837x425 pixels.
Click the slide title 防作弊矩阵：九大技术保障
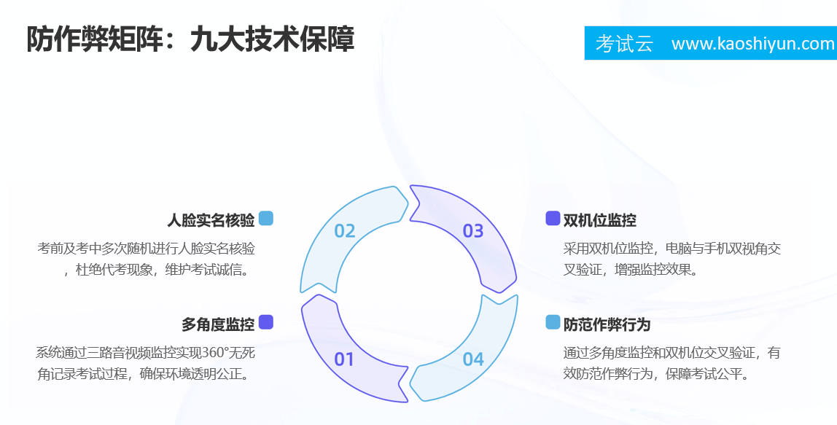tap(190, 39)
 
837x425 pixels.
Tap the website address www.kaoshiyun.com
tap(752, 43)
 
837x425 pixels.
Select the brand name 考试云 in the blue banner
tap(624, 44)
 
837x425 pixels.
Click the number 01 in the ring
tap(344, 359)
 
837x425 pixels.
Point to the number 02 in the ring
tap(344, 231)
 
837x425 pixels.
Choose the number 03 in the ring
tap(473, 231)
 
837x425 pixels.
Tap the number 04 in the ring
tap(473, 359)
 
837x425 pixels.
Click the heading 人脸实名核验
tap(211, 220)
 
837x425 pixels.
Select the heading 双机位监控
tap(599, 220)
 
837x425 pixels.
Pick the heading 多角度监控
tap(218, 324)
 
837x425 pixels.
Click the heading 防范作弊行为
tap(607, 324)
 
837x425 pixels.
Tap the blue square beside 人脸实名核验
tap(266, 219)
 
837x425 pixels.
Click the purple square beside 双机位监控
tap(553, 219)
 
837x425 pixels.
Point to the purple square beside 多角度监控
tap(266, 322)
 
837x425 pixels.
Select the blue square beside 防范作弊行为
tap(553, 322)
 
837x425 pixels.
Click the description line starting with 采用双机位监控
tap(672, 249)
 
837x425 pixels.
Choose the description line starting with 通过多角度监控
tap(672, 352)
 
